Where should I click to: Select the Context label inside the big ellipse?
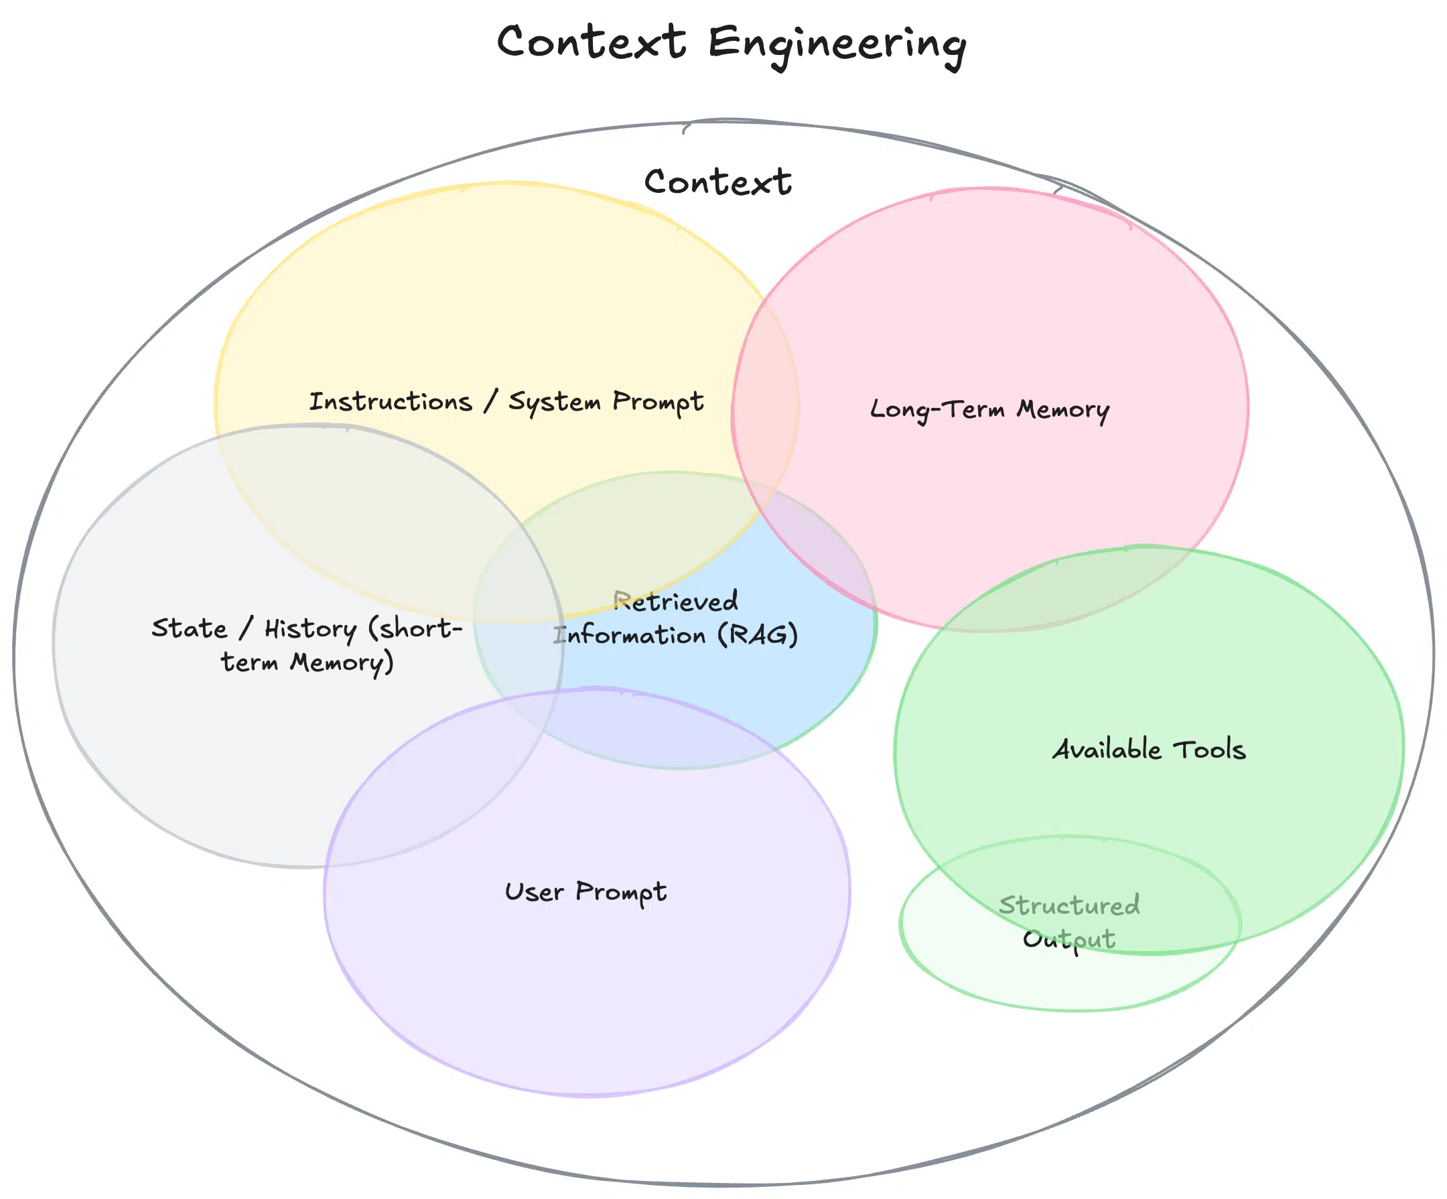coord(717,183)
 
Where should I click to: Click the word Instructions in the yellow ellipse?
coord(390,401)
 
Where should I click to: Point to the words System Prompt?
coord(606,402)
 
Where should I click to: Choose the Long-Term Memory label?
coord(989,409)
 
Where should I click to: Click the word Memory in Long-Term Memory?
coord(1062,410)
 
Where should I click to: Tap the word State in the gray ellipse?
coord(189,628)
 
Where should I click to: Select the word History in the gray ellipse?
coord(310,629)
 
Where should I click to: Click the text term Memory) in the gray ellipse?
coord(307,663)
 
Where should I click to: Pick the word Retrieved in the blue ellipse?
coord(675,602)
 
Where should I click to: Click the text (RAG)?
coord(757,634)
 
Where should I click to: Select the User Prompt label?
coord(585,892)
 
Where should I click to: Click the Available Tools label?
coord(1149,750)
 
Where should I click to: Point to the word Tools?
coord(1209,750)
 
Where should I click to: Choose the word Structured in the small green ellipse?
coord(1069,906)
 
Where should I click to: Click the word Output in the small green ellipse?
coord(1069,939)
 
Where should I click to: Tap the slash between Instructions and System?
coord(490,401)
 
